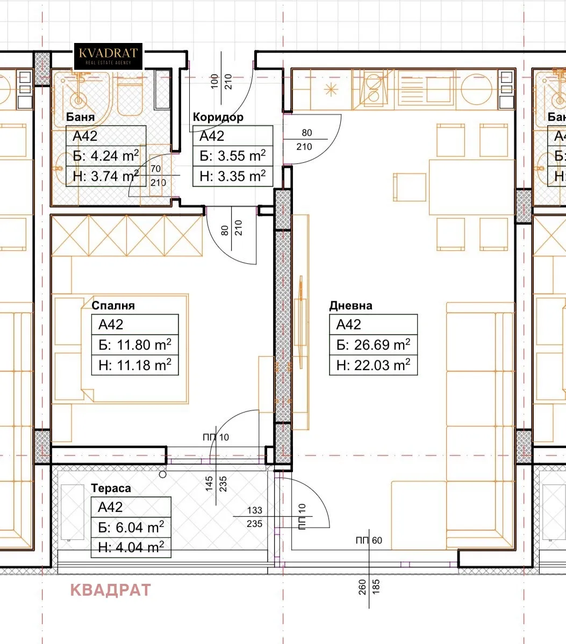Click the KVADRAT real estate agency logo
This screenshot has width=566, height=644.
(108, 56)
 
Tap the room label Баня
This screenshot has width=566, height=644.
(80, 117)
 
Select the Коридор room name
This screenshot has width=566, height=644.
(218, 117)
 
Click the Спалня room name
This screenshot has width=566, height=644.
(113, 306)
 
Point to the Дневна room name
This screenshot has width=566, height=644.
(350, 306)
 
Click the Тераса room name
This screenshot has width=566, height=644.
(111, 488)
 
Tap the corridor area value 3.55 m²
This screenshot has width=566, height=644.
(242, 156)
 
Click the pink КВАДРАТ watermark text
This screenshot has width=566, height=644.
(111, 590)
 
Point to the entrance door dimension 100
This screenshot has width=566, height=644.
(214, 82)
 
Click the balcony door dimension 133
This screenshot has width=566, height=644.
(254, 510)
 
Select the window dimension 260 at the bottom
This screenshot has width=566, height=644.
(362, 587)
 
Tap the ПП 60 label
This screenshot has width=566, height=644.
(369, 540)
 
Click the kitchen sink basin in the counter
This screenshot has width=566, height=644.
(476, 89)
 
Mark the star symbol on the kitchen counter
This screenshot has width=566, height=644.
(331, 90)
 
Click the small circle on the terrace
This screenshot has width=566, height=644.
(163, 474)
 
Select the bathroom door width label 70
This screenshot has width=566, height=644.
(155, 169)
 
